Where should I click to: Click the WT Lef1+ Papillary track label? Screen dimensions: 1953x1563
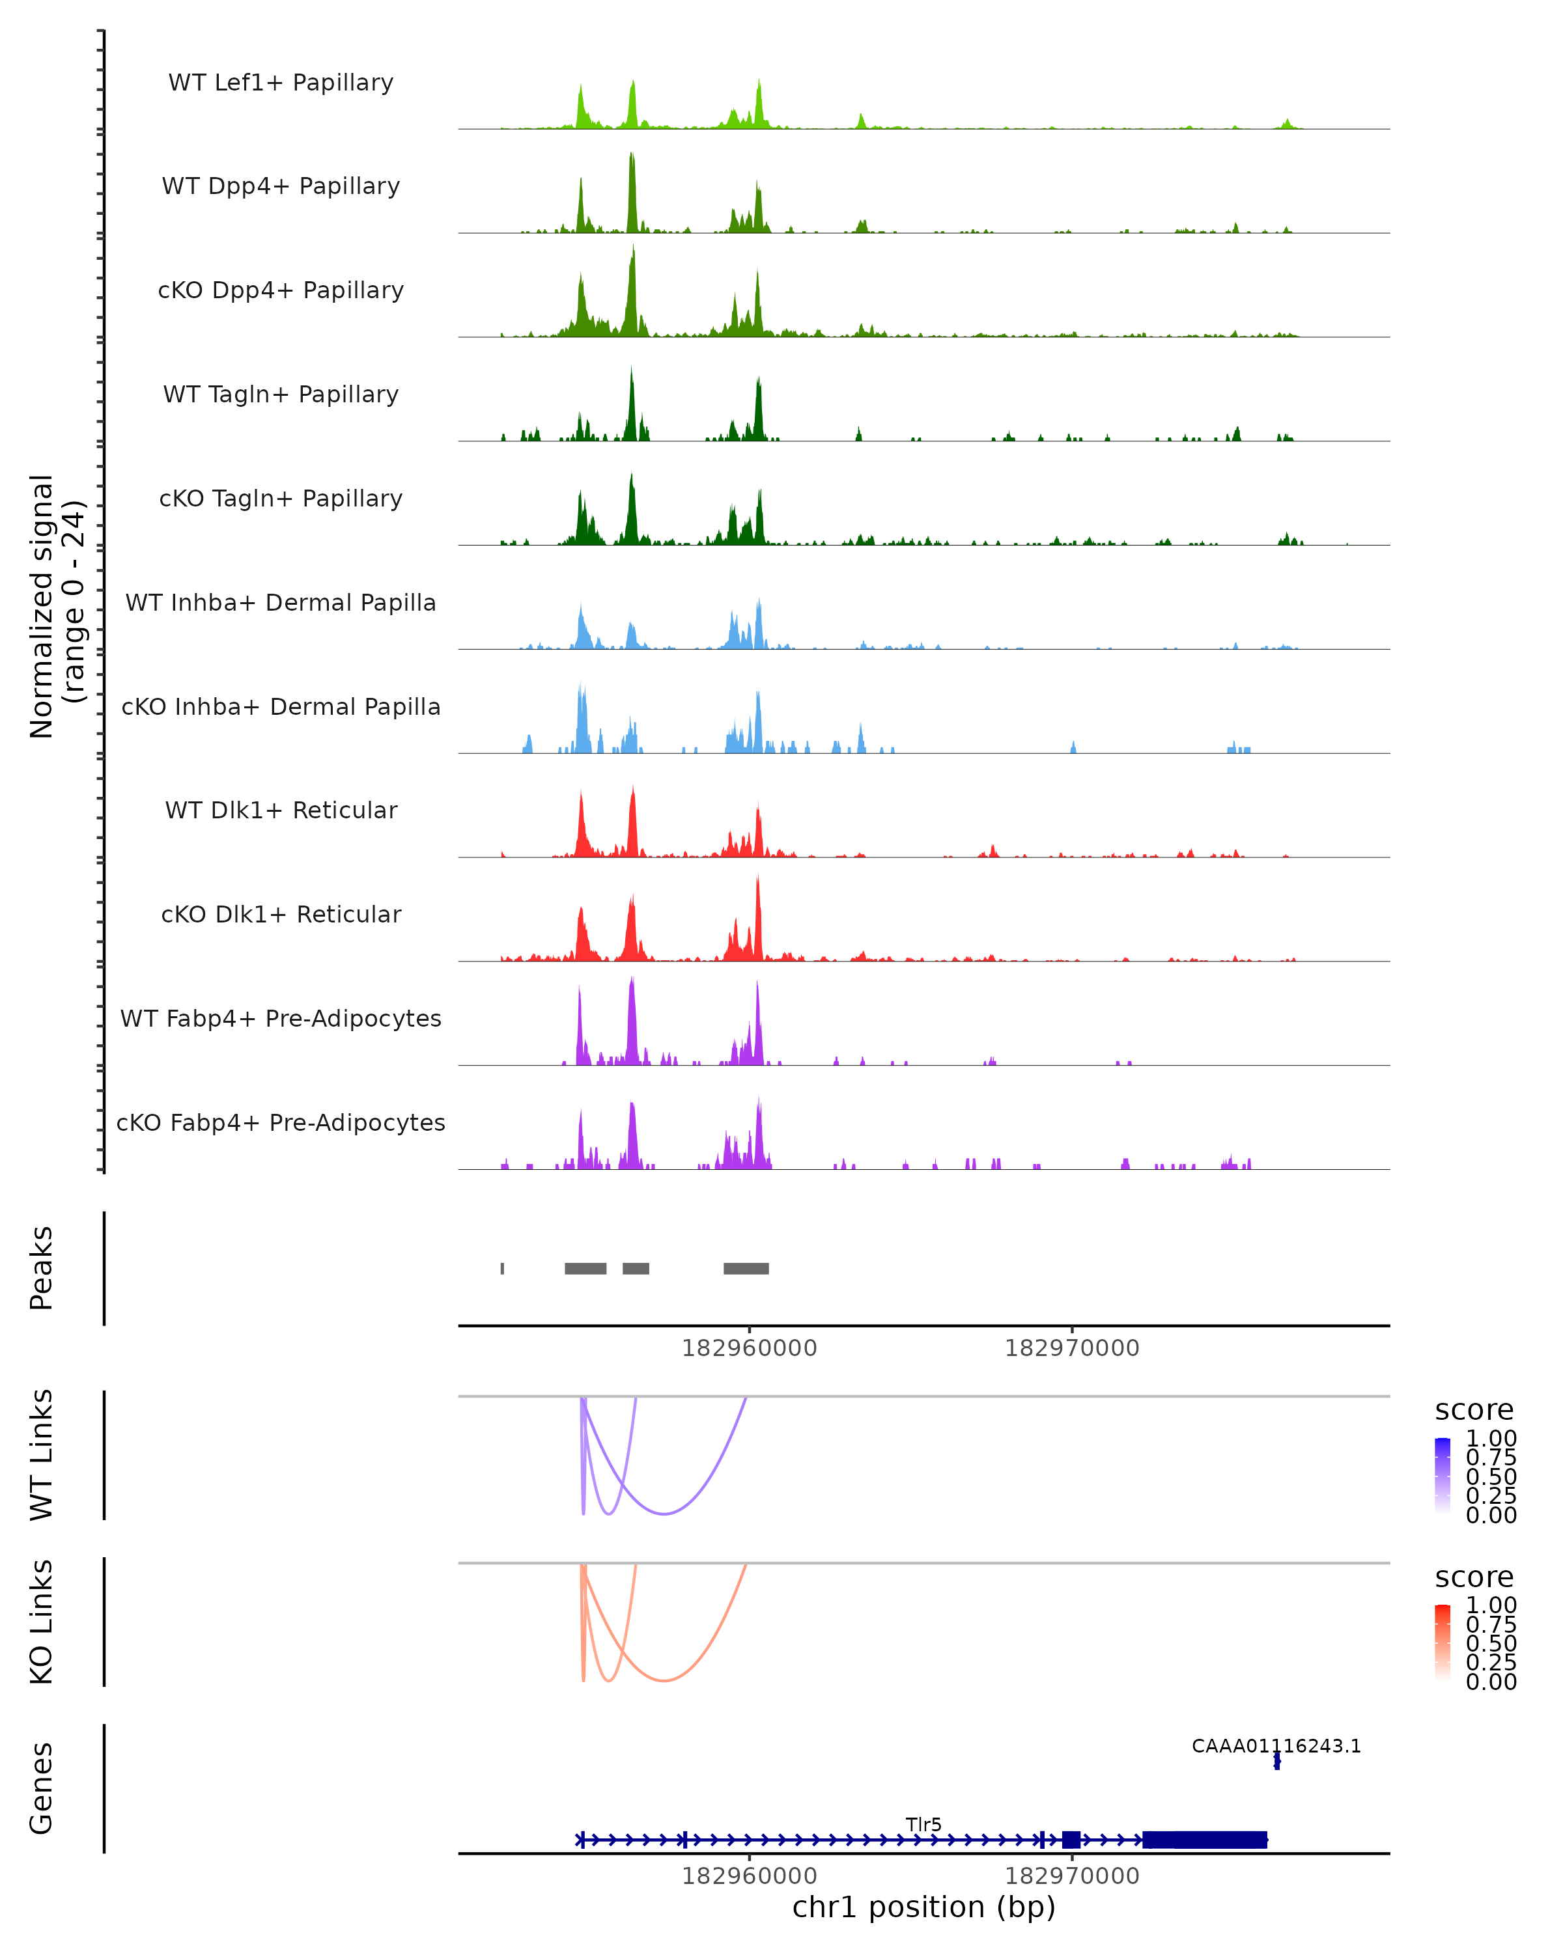pos(281,83)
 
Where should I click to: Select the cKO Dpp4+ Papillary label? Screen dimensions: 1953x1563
pos(281,290)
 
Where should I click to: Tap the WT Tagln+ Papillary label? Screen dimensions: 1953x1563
pos(281,394)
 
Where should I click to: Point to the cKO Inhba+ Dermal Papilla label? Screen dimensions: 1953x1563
pos(281,706)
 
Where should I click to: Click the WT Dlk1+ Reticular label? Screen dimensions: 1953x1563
pos(281,810)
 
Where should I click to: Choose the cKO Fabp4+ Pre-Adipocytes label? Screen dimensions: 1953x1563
pos(281,1122)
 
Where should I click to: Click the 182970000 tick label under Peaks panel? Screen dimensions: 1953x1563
pos(1072,1348)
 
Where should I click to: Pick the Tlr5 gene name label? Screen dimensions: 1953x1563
pos(923,1824)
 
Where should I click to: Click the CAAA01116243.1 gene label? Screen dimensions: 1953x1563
pos(1276,1745)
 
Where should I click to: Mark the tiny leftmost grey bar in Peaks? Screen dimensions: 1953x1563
pos(502,1268)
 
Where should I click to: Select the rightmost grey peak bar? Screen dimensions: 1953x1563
pos(746,1268)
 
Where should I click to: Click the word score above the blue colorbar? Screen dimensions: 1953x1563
pos(1473,1409)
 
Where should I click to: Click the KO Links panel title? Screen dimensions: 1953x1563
pos(42,1622)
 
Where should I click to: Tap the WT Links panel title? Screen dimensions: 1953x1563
pos(42,1455)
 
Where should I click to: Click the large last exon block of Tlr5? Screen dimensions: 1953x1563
pos(1204,1840)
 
